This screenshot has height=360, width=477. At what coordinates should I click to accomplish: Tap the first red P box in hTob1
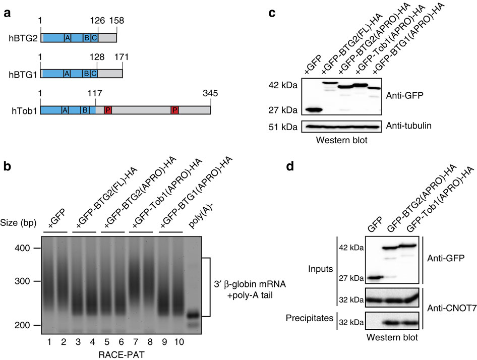(x=107, y=110)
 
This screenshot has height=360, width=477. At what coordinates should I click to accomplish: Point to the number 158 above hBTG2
(x=115, y=21)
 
